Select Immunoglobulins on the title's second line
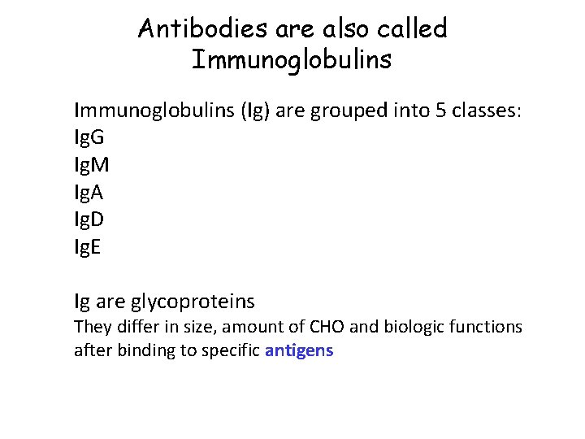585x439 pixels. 292,59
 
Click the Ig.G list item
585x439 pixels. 89,137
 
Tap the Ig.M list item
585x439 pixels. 91,165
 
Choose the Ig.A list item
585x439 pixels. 89,193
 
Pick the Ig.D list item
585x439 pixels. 89,219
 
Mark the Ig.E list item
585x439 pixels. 88,247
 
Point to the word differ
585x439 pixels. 127,327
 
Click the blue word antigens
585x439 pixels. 299,352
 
